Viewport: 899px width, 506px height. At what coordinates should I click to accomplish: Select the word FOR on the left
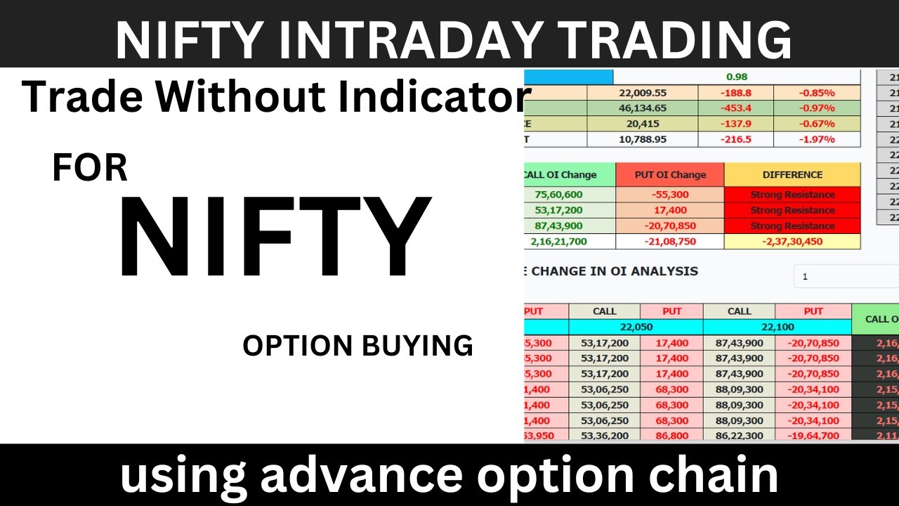90,169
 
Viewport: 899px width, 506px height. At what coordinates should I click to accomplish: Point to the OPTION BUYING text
357,346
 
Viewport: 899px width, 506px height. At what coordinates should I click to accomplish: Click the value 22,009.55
642,93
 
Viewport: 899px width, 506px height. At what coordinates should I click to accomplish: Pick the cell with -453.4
735,108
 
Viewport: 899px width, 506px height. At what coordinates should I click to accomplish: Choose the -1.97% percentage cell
816,139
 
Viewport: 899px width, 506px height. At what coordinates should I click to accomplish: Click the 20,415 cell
642,124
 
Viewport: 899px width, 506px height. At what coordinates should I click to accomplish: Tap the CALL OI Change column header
569,175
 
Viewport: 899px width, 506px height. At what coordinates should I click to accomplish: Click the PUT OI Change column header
669,175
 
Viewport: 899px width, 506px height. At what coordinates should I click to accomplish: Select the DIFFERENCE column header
792,175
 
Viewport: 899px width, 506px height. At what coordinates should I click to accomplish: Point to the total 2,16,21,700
569,241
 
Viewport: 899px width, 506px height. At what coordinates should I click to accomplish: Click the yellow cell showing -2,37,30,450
792,241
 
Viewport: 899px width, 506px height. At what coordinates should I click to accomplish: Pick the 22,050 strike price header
636,327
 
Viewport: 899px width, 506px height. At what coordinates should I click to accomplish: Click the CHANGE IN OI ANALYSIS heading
614,271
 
